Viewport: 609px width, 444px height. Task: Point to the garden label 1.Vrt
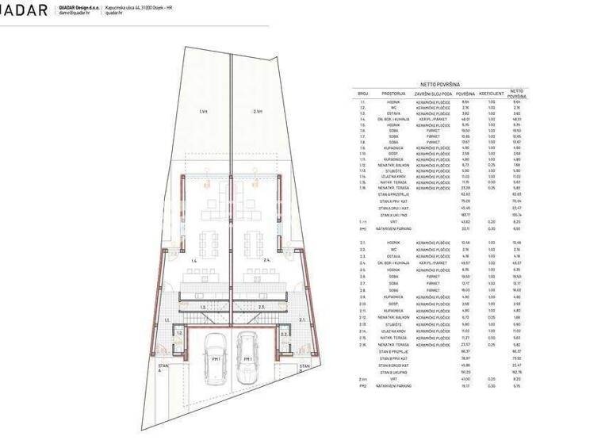203,112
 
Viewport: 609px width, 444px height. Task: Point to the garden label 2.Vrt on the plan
258,112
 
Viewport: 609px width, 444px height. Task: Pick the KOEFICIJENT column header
492,94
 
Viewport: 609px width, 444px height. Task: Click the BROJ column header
363,94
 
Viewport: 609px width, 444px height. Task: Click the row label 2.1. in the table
363,243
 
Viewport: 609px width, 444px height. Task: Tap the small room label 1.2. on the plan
179,334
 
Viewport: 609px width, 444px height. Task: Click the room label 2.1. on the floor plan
302,320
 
